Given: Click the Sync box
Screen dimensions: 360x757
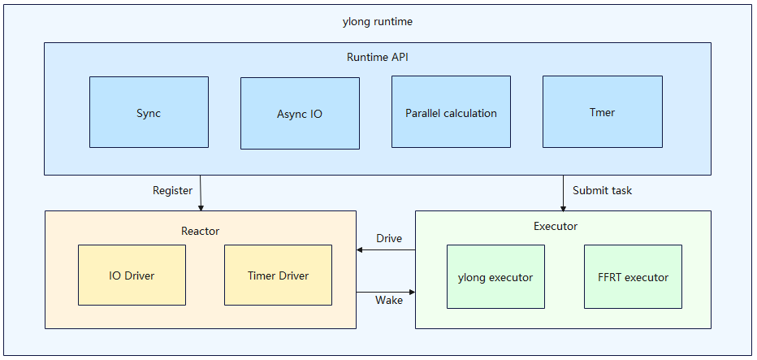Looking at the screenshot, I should (x=149, y=112).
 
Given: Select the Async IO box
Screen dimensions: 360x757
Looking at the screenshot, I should (x=300, y=114).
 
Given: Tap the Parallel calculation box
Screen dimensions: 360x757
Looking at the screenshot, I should (x=451, y=112).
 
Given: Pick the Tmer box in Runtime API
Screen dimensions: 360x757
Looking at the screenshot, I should (x=602, y=112).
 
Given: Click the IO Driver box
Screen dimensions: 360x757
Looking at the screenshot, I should (x=132, y=275).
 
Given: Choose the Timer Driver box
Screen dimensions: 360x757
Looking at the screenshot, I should (x=278, y=275).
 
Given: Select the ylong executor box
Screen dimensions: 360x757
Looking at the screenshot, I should (x=495, y=277).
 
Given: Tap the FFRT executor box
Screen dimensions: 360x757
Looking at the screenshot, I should (x=633, y=277).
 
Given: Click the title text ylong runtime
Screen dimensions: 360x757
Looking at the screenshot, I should (x=378, y=22).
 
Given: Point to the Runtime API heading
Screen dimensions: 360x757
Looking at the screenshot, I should (x=377, y=57).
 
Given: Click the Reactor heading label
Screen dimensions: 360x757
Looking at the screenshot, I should (x=200, y=231).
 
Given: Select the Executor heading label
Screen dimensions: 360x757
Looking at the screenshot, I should (x=556, y=226).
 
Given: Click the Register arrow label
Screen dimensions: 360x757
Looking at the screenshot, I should (x=173, y=191).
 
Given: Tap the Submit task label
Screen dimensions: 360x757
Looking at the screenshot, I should (x=602, y=191).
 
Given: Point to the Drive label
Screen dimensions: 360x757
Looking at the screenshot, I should (x=389, y=238).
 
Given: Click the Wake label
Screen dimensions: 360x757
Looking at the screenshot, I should (x=389, y=301).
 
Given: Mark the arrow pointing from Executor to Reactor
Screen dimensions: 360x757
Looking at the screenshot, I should (x=386, y=249).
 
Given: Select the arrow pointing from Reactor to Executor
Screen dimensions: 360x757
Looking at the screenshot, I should (x=386, y=290).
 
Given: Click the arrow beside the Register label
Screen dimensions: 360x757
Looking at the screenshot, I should (x=201, y=193).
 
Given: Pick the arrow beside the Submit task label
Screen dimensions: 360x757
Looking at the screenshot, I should (x=563, y=193).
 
